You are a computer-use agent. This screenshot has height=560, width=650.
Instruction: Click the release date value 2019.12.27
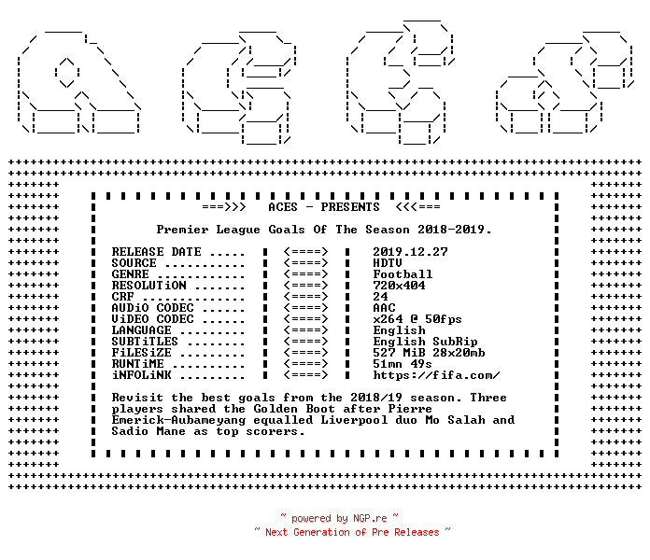[x=410, y=252]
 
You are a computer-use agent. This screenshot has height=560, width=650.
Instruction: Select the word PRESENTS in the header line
[x=350, y=207]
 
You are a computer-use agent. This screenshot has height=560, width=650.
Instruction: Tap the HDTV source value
[x=388, y=263]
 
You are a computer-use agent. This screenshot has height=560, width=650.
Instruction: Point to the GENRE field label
[x=130, y=274]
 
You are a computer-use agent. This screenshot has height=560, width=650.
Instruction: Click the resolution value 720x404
[x=399, y=286]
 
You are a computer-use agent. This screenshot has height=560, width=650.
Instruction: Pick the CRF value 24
[x=380, y=297]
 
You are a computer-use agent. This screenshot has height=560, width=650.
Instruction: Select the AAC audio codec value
[x=384, y=308]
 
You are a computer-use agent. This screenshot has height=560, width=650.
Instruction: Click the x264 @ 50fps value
[x=417, y=319]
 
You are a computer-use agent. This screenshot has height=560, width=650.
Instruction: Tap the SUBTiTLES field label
[x=145, y=342]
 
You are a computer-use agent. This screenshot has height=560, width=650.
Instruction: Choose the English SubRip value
[x=425, y=342]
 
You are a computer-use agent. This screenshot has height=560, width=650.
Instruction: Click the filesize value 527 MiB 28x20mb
[x=429, y=353]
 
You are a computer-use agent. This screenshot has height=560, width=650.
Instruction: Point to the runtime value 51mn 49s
[x=403, y=364]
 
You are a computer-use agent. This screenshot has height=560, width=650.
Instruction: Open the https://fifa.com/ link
[x=436, y=375]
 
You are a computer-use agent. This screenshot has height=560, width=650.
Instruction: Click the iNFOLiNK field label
[x=141, y=375]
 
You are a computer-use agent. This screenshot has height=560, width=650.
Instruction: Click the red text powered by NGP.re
[x=339, y=518]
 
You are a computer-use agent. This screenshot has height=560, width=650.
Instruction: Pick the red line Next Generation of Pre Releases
[x=352, y=532]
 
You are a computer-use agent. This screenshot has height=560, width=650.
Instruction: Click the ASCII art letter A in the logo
[x=78, y=82]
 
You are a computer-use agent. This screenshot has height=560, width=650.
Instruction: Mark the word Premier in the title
[x=182, y=230]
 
